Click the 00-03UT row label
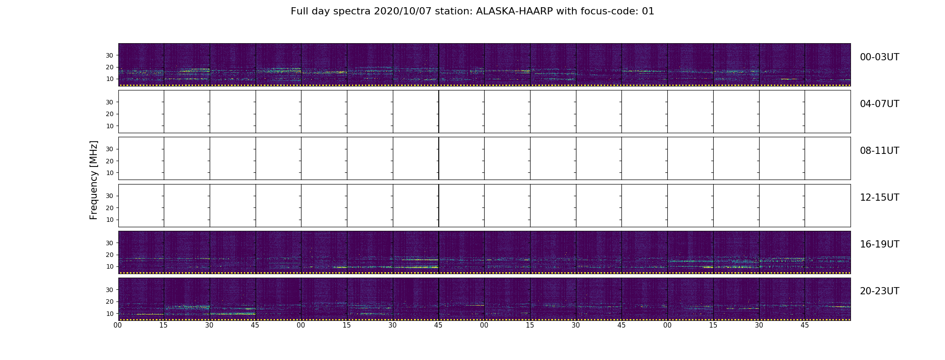click(x=879, y=57)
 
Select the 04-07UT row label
click(x=879, y=104)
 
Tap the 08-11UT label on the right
click(x=879, y=151)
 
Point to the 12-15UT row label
click(x=879, y=198)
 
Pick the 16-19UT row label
click(x=879, y=244)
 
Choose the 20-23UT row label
click(x=879, y=291)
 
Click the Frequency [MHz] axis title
click(x=94, y=180)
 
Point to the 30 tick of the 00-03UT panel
click(x=109, y=55)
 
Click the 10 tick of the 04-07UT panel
click(x=109, y=126)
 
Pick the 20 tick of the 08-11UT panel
click(x=109, y=161)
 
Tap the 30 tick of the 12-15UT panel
click(x=109, y=196)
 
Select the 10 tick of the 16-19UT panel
click(x=109, y=266)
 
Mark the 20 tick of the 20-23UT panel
click(x=109, y=301)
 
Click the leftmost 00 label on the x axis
click(x=118, y=325)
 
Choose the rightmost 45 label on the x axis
click(x=805, y=325)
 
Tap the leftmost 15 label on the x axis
click(x=164, y=325)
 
